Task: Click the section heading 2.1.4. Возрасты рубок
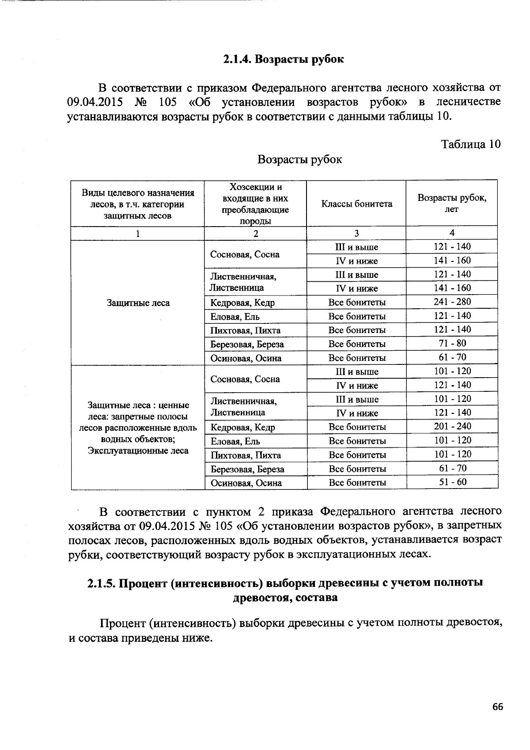[x=283, y=59]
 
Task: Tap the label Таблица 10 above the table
[x=471, y=144]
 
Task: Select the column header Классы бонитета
[x=356, y=204]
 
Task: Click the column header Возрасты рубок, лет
[x=452, y=203]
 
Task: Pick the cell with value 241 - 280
[x=452, y=302]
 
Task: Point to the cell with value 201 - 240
[x=452, y=426]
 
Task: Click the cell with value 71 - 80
[x=452, y=343]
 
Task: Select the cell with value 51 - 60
[x=452, y=482]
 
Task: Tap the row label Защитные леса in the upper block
[x=138, y=303]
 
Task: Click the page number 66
[x=497, y=707]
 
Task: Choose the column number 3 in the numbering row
[x=356, y=233]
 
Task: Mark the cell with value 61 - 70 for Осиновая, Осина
[x=452, y=357]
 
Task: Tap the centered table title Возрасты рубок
[x=299, y=159]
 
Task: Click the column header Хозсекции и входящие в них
[x=255, y=193]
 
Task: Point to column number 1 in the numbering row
[x=138, y=233]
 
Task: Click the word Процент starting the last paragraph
[x=122, y=623]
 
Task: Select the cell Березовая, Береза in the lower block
[x=247, y=469]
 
